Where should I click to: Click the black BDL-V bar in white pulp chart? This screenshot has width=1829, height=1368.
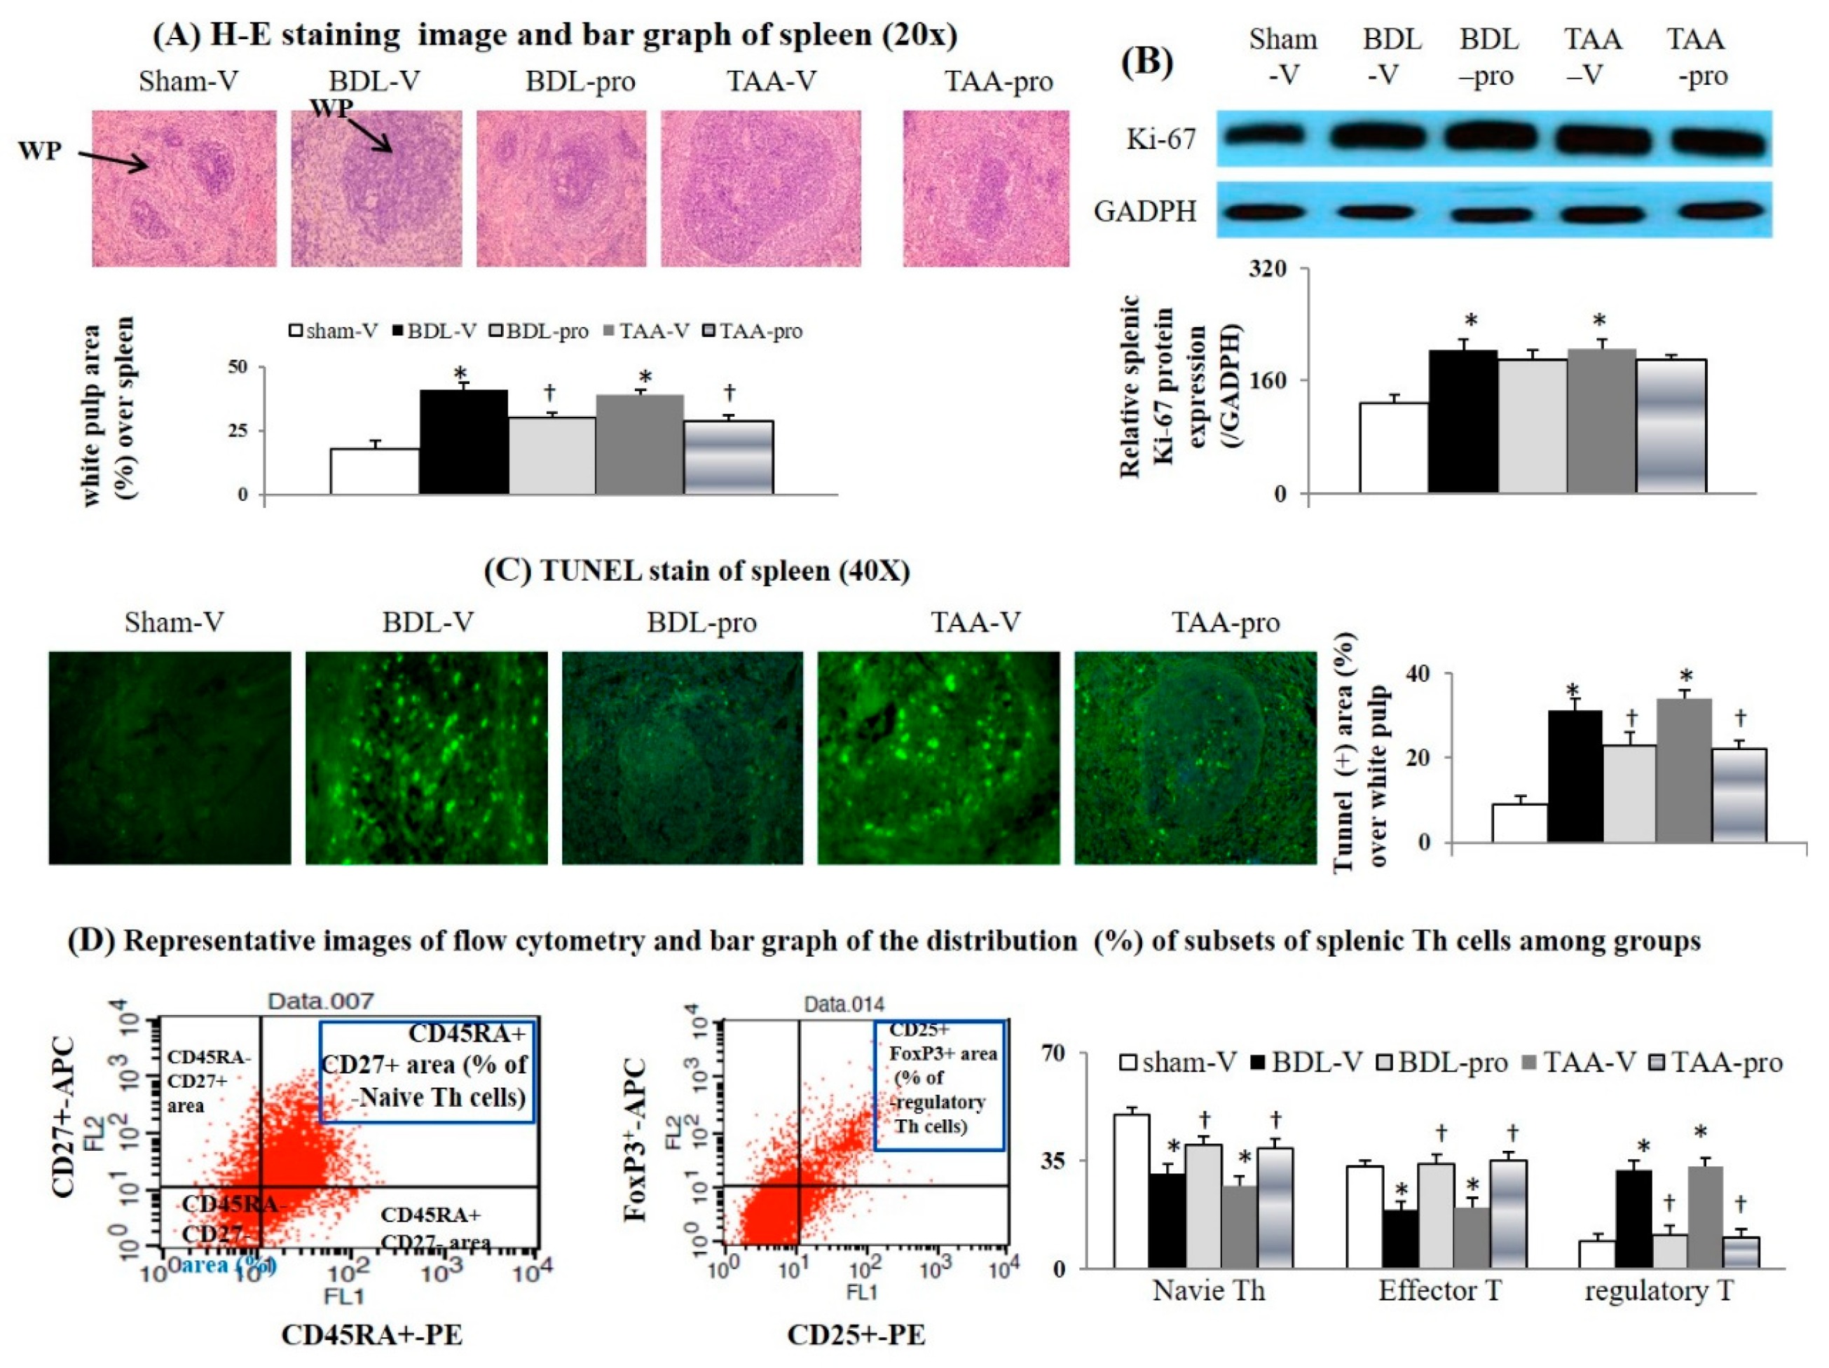[x=463, y=442]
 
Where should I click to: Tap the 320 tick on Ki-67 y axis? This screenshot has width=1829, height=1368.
[x=1268, y=270]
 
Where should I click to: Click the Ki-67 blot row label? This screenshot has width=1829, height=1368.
[x=1160, y=138]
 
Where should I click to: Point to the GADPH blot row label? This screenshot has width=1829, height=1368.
[x=1144, y=212]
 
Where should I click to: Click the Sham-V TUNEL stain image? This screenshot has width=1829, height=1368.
[x=170, y=757]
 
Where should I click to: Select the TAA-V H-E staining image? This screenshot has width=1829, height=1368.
[x=761, y=188]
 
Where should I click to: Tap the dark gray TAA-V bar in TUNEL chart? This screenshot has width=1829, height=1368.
[x=1683, y=771]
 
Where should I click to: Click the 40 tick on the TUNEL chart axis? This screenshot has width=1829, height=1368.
[x=1416, y=674]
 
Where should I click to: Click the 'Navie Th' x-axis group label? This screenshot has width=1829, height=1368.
[x=1208, y=1290]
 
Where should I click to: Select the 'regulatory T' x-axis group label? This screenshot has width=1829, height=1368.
[x=1658, y=1290]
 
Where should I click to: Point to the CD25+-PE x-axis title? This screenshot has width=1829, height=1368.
[x=856, y=1334]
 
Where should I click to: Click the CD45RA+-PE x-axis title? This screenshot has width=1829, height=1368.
[x=371, y=1334]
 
